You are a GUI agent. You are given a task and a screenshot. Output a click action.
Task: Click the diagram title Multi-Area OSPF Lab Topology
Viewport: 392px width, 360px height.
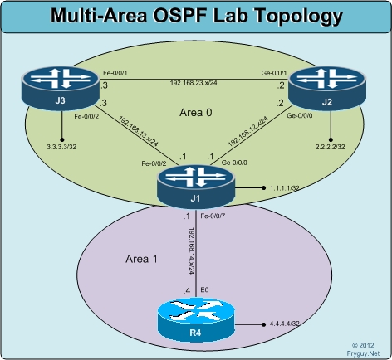click(x=196, y=16)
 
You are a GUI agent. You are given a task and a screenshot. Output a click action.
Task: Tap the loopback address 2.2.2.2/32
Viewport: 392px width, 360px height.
click(x=330, y=146)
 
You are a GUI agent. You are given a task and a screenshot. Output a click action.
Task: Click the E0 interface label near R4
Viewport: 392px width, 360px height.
click(x=205, y=290)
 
